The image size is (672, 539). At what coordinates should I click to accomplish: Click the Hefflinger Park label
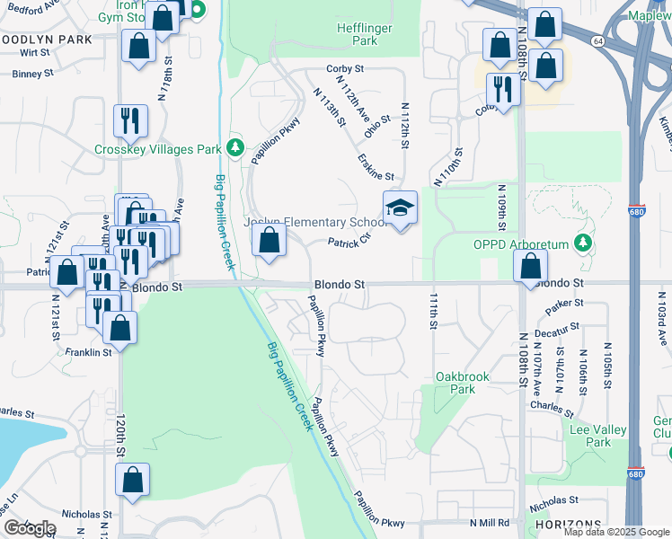tap(364, 34)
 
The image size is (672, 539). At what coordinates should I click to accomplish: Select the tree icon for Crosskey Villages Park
tap(236, 146)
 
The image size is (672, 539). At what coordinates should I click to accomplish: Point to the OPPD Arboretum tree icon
tap(583, 243)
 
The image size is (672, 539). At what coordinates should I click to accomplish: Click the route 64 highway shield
tap(597, 40)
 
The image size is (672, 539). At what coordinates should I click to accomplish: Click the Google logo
tap(30, 527)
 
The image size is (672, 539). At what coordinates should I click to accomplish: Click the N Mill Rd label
tap(489, 523)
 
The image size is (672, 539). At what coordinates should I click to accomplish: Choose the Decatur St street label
tap(556, 331)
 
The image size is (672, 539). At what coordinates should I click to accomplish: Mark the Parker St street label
tap(564, 305)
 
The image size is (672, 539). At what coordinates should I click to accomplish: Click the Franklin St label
tap(87, 352)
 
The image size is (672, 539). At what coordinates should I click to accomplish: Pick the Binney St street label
tap(34, 74)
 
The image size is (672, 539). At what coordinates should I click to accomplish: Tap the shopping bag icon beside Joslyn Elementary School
tap(270, 241)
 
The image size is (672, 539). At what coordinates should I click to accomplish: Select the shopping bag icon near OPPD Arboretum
tap(531, 265)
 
